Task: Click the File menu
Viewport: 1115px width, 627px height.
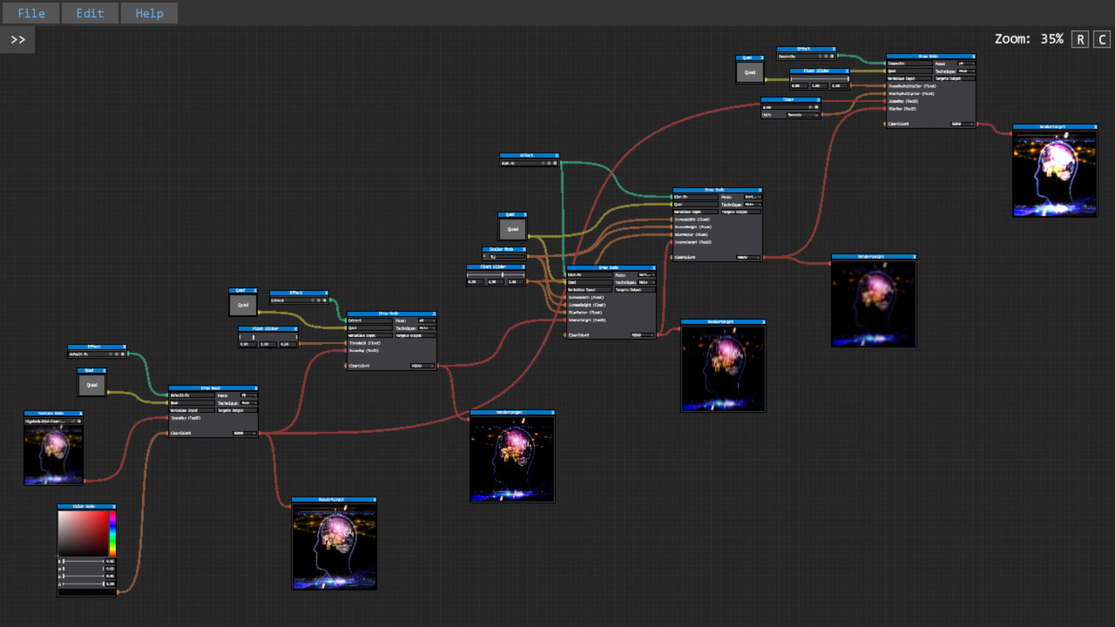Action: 30,13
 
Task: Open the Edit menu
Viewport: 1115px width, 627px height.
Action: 90,13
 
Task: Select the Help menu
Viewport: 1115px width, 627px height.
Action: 149,13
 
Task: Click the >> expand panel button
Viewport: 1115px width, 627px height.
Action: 17,39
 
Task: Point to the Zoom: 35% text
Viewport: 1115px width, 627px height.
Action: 1029,39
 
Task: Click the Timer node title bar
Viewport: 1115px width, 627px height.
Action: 788,99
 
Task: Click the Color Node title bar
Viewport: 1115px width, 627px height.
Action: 84,506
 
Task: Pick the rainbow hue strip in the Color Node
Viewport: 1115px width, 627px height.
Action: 112,533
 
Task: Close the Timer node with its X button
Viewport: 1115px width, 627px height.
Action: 818,99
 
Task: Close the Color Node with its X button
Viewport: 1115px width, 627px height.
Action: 114,506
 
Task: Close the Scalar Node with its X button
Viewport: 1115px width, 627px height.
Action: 524,249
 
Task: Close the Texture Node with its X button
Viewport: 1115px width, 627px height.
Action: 81,414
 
